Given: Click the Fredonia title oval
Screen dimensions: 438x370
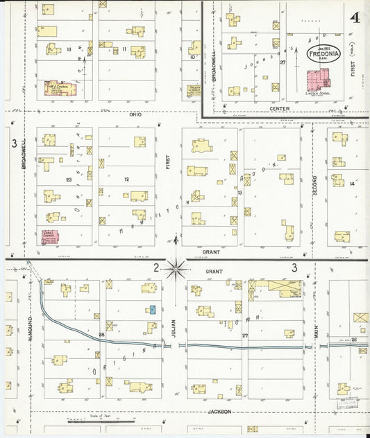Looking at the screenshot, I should pyautogui.click(x=323, y=54).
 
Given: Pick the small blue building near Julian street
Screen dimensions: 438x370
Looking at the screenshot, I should pyautogui.click(x=151, y=309).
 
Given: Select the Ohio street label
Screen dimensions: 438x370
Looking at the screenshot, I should pyautogui.click(x=135, y=115).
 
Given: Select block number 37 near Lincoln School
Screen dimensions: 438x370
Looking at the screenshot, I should pyautogui.click(x=283, y=62).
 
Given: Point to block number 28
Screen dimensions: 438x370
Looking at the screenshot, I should pyautogui.click(x=101, y=335).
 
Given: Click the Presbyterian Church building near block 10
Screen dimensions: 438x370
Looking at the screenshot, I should pyautogui.click(x=194, y=89).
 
